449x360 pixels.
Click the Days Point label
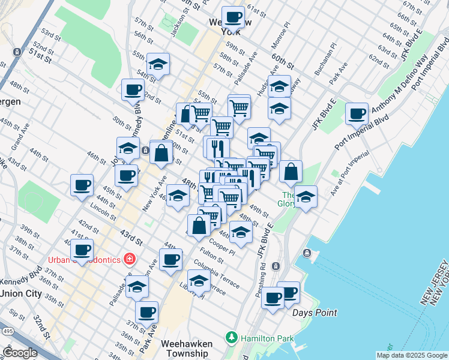pyautogui.click(x=315, y=313)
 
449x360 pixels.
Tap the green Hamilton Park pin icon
pyautogui.click(x=232, y=338)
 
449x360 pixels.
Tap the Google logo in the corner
pyautogui.click(x=20, y=352)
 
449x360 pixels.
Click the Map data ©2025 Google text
pyautogui.click(x=411, y=355)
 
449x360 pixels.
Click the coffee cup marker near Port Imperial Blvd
pyautogui.click(x=357, y=114)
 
